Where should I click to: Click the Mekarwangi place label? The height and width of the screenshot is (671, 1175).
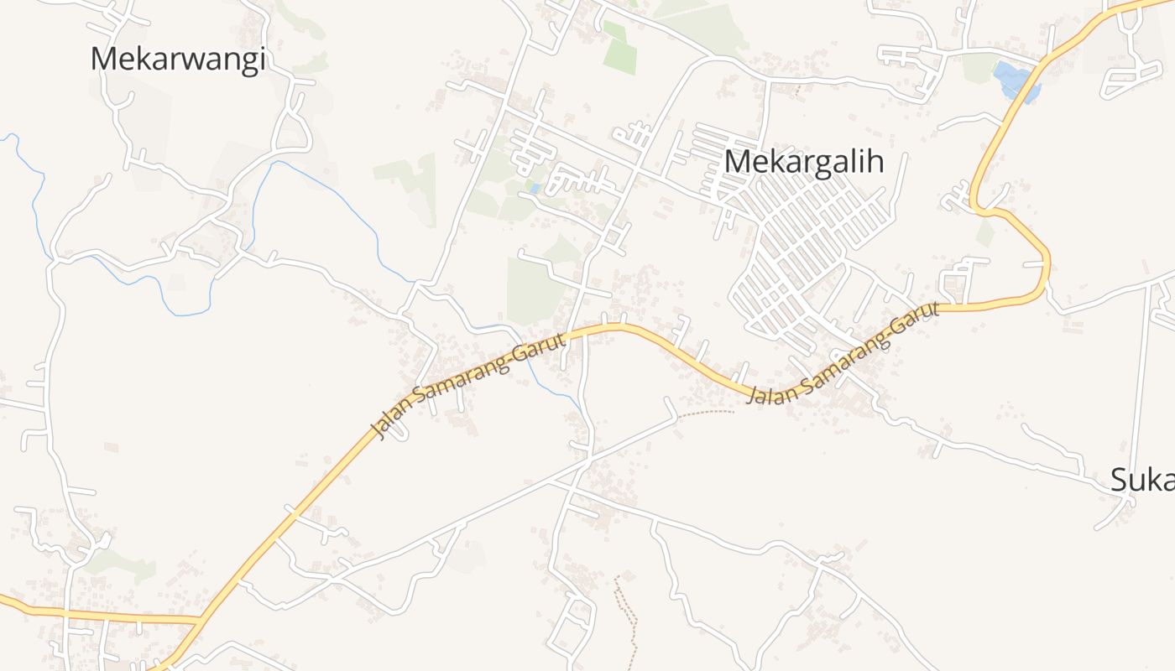[x=178, y=59]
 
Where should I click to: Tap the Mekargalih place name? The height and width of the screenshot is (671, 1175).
[x=804, y=161]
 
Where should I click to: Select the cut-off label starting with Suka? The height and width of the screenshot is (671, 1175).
[x=1141, y=480]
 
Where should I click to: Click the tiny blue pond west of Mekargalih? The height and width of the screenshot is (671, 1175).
[x=535, y=189]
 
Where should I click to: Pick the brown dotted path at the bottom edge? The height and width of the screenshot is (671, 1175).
[x=625, y=621]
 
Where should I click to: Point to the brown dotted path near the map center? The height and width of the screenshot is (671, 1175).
[x=705, y=413]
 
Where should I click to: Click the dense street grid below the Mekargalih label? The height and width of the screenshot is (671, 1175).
[x=810, y=252]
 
